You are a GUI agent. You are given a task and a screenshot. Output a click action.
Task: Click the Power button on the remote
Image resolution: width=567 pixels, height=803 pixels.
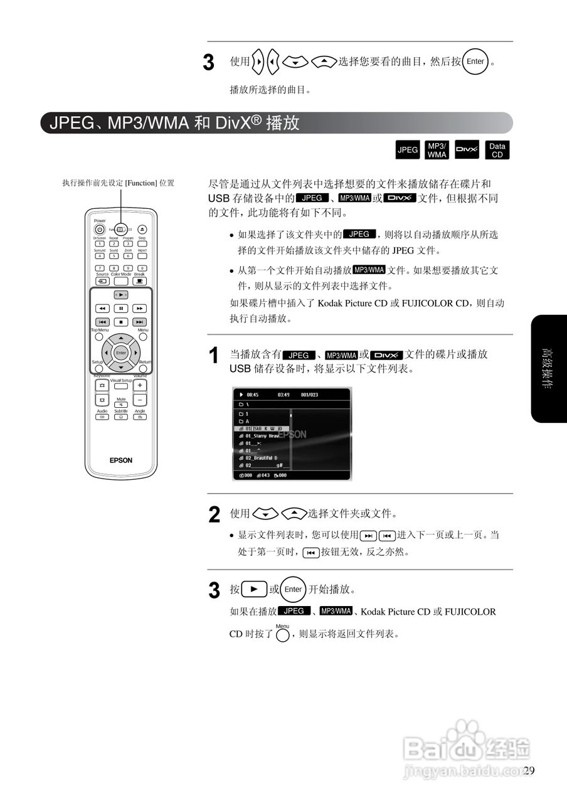(x=100, y=230)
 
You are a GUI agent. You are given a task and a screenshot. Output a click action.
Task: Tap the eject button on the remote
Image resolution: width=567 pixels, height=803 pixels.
(x=142, y=230)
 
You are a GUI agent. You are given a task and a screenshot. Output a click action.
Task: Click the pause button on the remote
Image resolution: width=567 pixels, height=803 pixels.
(x=121, y=309)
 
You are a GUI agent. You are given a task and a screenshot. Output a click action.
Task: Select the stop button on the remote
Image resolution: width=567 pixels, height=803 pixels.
(x=121, y=322)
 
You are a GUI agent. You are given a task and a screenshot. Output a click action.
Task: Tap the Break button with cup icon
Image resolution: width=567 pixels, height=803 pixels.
(x=139, y=281)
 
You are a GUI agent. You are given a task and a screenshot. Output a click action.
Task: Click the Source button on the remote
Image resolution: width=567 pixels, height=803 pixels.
(x=102, y=281)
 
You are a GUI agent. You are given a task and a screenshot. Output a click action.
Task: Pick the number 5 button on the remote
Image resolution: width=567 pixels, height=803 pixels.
(x=114, y=256)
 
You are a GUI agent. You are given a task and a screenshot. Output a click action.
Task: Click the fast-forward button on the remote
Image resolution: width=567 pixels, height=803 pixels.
(x=140, y=309)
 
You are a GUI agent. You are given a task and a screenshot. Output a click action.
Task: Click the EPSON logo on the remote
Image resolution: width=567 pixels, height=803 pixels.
(x=121, y=460)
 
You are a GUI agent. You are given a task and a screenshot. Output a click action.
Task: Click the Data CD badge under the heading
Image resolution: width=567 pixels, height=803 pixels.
(x=497, y=150)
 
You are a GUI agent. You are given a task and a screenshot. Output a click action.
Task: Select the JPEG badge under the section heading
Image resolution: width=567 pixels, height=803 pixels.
(x=408, y=150)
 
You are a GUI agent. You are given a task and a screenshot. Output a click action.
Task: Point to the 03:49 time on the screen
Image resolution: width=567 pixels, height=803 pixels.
(x=283, y=395)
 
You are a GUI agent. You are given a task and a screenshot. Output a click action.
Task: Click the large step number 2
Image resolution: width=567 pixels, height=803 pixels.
(x=215, y=515)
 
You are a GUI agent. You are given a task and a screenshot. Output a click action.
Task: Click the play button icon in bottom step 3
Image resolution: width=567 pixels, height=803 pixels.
(x=254, y=590)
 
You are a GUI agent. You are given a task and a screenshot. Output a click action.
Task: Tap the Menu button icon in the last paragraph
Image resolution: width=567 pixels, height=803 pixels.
(x=282, y=635)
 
